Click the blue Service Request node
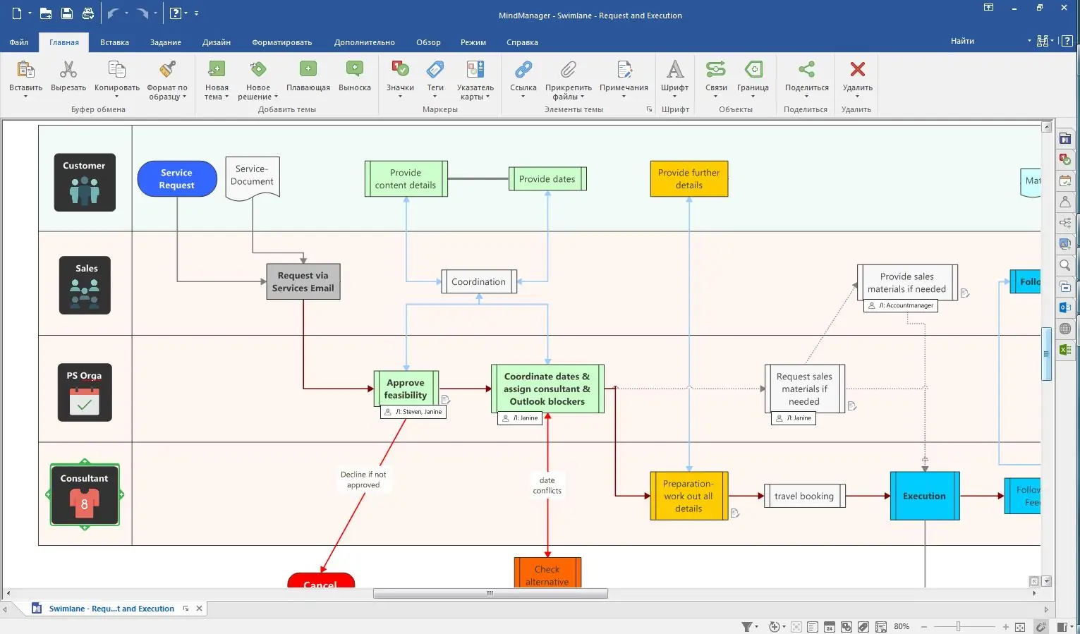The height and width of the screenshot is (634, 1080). click(176, 178)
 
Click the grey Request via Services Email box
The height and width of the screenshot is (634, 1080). click(303, 281)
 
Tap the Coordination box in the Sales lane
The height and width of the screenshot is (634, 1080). click(478, 281)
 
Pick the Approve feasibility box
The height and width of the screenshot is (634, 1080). click(406, 389)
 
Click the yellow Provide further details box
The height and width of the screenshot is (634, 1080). click(688, 178)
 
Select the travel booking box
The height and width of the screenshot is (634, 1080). click(803, 496)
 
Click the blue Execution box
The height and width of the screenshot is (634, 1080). click(924, 496)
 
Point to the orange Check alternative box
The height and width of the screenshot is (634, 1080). click(547, 574)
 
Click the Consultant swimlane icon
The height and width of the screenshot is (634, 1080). click(85, 495)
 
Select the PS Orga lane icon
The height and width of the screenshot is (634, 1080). click(85, 392)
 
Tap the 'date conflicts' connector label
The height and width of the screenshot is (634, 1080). click(547, 485)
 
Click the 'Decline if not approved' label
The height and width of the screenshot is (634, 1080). click(363, 480)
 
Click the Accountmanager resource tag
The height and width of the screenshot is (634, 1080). click(901, 305)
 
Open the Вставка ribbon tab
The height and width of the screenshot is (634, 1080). click(114, 42)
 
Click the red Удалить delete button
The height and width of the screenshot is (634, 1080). click(857, 78)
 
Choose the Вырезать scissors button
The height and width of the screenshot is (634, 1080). click(68, 78)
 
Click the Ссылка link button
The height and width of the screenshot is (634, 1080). click(523, 78)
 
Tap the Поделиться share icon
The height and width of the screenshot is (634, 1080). click(806, 78)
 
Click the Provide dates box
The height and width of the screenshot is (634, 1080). click(547, 179)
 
